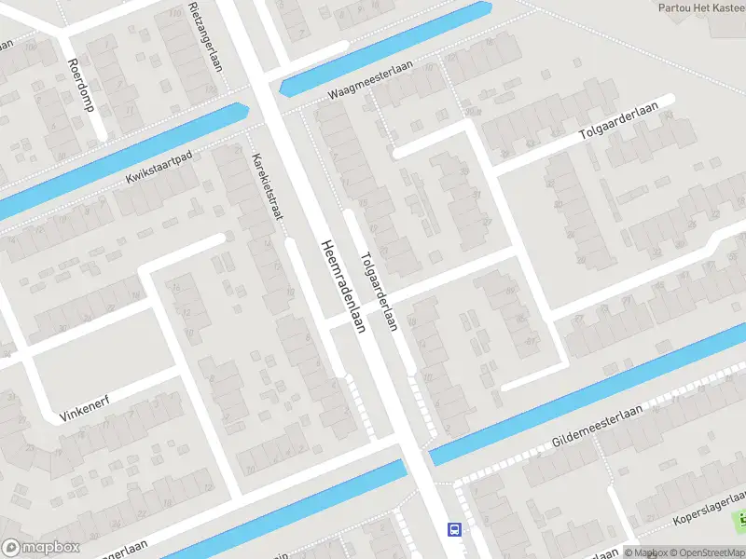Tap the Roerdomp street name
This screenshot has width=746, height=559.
[81, 84]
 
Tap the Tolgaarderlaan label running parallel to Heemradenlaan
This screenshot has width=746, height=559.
[380, 292]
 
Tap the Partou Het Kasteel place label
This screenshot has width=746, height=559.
[701, 7]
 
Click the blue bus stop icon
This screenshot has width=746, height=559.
[454, 529]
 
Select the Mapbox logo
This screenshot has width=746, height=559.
[40, 548]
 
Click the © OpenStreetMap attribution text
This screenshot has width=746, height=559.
[706, 552]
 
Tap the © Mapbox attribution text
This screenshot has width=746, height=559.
[643, 552]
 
